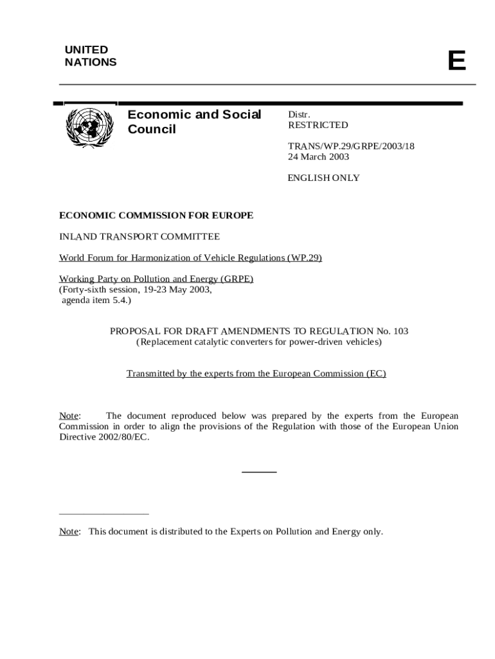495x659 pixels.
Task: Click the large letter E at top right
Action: point(456,61)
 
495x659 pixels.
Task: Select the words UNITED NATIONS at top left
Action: point(91,56)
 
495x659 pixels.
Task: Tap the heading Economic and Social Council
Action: point(194,122)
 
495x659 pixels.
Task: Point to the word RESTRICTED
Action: point(318,125)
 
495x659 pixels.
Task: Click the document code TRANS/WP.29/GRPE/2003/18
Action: point(350,146)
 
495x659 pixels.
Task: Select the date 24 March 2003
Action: point(318,156)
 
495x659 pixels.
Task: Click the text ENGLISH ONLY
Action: point(323,178)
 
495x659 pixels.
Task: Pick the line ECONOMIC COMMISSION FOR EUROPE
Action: point(156,215)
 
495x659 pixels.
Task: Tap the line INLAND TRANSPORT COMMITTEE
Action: point(139,236)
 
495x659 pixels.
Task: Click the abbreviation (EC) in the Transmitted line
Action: point(375,373)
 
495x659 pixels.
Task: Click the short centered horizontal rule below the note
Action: point(258,472)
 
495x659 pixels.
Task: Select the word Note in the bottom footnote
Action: point(69,532)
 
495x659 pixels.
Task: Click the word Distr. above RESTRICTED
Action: point(299,115)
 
